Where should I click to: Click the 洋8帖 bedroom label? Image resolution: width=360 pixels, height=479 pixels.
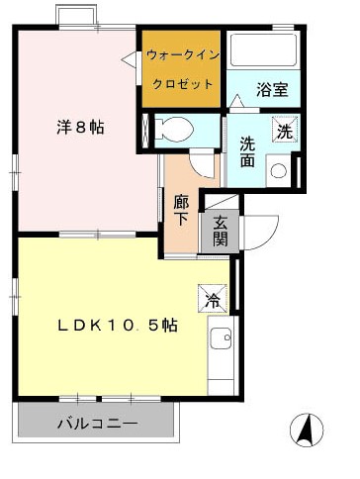tap(79, 127)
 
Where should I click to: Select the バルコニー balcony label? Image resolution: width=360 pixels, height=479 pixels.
tap(97, 423)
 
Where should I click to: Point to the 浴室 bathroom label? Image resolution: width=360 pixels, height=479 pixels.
tap(272, 89)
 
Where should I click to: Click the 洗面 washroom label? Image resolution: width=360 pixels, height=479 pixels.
tap(248, 149)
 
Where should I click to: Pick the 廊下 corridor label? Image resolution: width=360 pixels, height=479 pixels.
tap(181, 209)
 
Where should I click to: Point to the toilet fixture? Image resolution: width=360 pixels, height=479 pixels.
tap(176, 128)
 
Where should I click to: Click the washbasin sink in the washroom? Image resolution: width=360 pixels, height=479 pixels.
tap(279, 169)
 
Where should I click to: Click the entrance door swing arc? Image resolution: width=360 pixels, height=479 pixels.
tap(254, 231)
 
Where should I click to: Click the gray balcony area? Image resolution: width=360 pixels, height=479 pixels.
tap(97, 424)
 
